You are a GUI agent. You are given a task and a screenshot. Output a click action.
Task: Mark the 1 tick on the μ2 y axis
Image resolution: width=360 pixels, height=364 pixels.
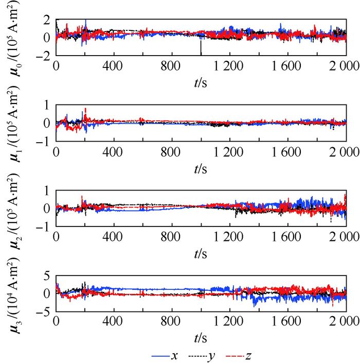[x=46, y=190]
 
